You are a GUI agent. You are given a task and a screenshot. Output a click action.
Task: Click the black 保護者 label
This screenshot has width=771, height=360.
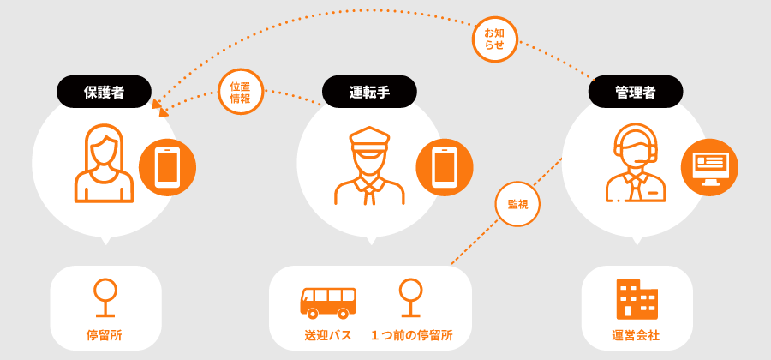pos(104,92)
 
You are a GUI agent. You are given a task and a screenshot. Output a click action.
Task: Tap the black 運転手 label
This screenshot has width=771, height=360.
pos(369,92)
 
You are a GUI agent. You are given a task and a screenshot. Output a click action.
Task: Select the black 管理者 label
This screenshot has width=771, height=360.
pos(636,92)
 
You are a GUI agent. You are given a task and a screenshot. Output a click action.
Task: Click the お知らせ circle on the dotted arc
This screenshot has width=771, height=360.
pos(494,39)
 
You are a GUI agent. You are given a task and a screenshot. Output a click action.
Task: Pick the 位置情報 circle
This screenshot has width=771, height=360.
pos(241,92)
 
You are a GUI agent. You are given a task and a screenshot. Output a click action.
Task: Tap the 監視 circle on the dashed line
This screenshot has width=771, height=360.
pos(517,204)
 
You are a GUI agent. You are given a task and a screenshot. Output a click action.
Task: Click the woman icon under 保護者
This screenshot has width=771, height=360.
pos(104,163)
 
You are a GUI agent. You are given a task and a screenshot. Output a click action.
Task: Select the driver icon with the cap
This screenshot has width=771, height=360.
pos(369,165)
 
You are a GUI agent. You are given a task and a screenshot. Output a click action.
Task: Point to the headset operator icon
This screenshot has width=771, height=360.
pos(636,165)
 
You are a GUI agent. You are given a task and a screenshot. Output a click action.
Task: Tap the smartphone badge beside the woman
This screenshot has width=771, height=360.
pos(167,168)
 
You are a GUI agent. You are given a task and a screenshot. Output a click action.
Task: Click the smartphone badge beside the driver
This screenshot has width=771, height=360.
pos(445,168)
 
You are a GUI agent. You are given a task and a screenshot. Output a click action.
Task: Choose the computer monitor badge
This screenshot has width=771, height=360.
pos(709,168)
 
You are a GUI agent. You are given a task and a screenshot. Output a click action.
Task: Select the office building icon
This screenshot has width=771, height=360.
pos(637,299)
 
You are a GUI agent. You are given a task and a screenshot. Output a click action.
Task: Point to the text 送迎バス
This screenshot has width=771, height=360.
pos(328,336)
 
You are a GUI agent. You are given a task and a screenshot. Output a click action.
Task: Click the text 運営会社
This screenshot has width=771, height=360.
pos(637,336)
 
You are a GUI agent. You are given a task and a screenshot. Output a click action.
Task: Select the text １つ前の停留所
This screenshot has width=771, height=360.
pos(412,336)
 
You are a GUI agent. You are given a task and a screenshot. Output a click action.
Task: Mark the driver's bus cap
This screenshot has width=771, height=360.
pos(369,139)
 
